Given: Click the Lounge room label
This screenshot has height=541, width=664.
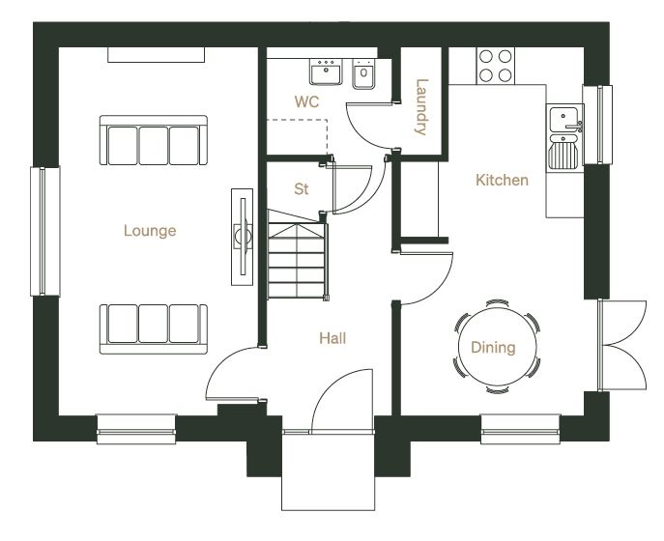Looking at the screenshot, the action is pos(150,231).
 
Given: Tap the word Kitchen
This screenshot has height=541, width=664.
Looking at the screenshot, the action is pos(502,180).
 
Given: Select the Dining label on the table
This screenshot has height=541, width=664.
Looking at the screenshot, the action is pos(493,348).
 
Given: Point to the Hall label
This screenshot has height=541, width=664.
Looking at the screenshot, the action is pos(332,338).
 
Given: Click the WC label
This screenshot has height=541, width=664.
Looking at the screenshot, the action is pos(306,101).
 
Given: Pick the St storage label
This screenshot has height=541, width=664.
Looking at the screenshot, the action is pos(302,188).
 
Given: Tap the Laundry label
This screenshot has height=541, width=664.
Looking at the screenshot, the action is pos(421,106).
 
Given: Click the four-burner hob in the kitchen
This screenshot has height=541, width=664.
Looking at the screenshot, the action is pos(496,66).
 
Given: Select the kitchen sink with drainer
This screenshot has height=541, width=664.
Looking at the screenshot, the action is pos(564,137).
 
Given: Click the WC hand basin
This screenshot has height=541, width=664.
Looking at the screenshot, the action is pos(325,71).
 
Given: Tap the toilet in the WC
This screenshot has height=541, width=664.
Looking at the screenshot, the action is pos(363,73).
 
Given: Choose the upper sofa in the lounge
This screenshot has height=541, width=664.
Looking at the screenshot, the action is pos(154,140).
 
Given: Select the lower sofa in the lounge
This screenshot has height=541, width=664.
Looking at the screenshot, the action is pos(154,328).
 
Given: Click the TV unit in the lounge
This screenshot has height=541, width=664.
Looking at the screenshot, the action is pos(243,237).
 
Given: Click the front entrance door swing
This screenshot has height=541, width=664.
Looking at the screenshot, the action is pos(342,401).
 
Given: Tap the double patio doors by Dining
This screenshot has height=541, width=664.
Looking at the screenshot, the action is pos(622,346).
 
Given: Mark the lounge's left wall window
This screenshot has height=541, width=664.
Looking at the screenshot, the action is pos(44,231).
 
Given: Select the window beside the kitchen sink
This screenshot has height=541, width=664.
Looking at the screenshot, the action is pos(597,125).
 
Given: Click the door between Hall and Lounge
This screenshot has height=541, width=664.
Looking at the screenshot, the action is pos(235,374).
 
